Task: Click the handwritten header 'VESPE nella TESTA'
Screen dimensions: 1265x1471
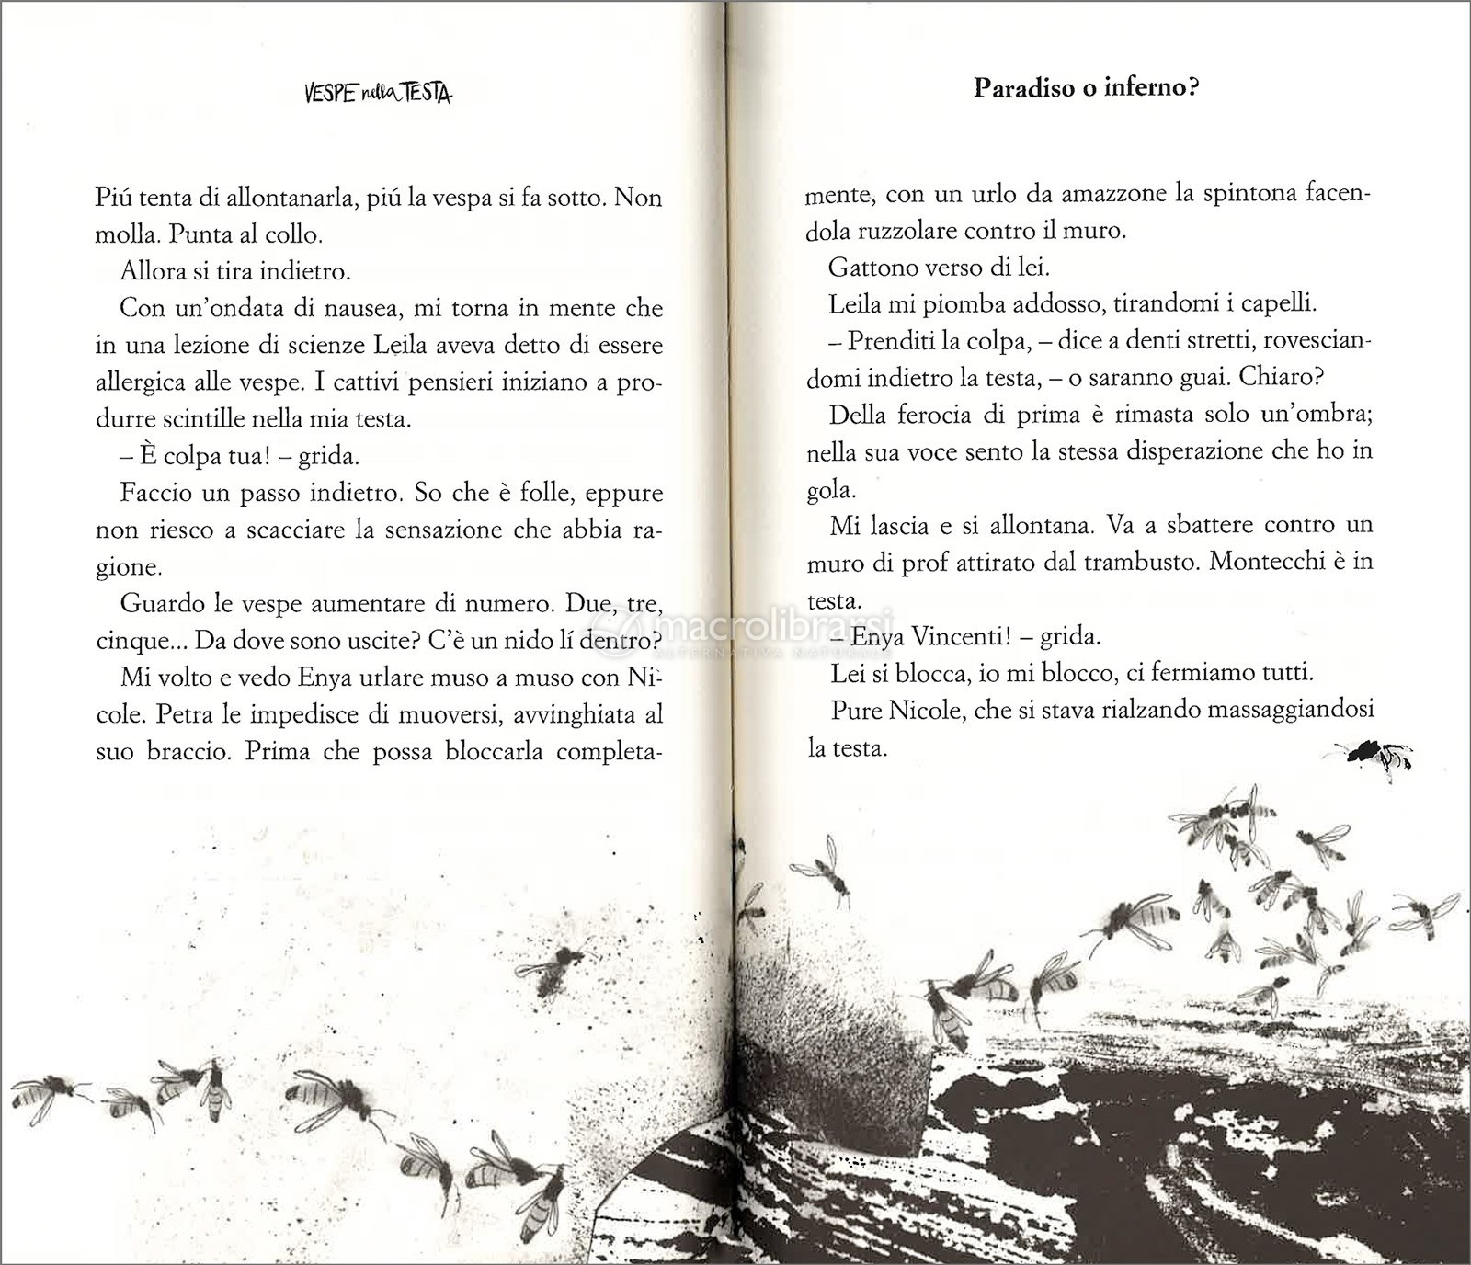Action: [377, 93]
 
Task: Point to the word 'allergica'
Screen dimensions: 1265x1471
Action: [143, 382]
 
